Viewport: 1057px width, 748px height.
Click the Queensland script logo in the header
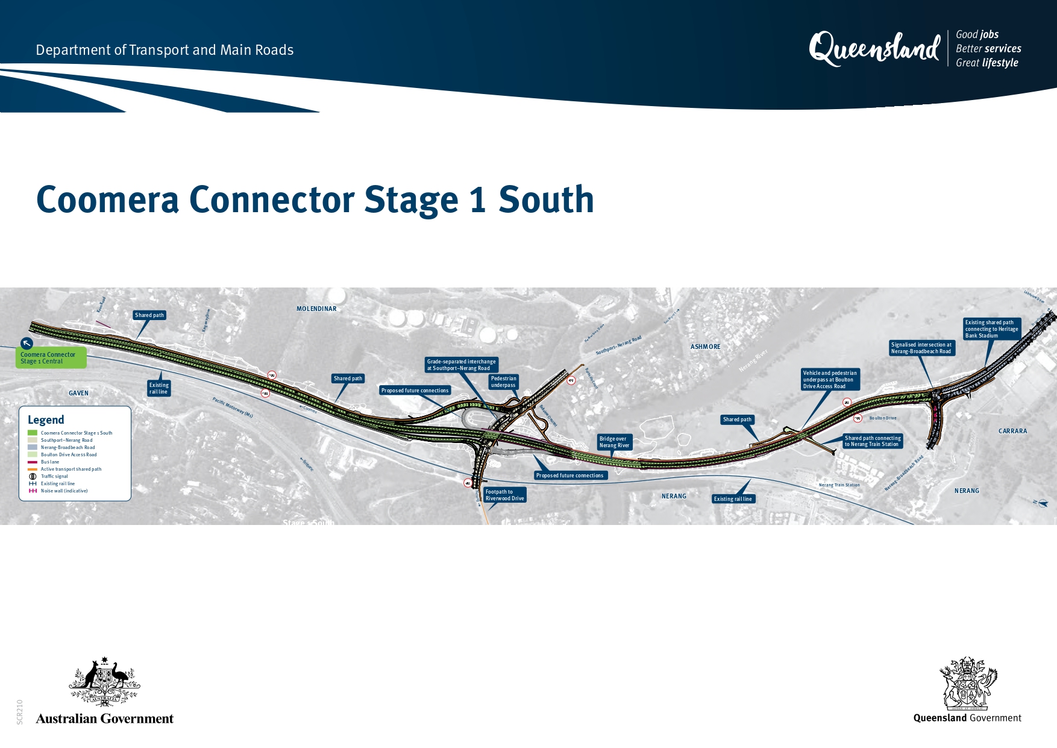coord(874,48)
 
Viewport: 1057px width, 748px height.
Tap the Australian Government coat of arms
coord(104,682)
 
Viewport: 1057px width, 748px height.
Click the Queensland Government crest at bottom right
coord(967,684)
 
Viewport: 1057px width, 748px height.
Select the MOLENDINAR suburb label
coord(316,309)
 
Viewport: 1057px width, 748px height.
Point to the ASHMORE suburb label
coord(705,347)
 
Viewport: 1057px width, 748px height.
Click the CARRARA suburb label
coord(1012,431)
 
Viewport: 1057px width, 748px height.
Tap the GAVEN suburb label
coord(78,393)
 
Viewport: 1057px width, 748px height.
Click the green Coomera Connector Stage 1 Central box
coord(51,358)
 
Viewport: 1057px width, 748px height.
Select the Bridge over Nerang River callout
coord(614,442)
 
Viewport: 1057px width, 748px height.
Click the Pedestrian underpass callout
coord(503,382)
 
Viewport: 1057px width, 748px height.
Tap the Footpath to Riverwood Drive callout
coord(505,495)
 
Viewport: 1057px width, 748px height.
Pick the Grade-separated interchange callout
coord(461,365)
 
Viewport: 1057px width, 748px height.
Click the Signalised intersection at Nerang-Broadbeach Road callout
coord(921,348)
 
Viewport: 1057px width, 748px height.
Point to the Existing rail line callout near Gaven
coord(158,388)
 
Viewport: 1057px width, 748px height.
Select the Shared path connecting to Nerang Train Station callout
coord(872,441)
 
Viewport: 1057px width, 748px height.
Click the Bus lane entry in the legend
coord(50,462)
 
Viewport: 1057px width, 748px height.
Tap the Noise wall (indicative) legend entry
coord(64,491)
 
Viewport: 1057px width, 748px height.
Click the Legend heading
coord(46,420)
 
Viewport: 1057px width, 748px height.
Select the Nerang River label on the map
coord(753,360)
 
